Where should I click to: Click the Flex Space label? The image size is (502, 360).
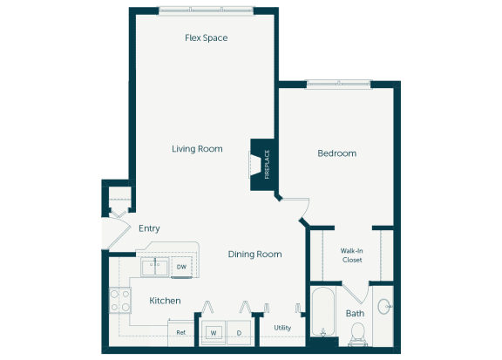(207, 37)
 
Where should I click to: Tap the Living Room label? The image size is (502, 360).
(197, 149)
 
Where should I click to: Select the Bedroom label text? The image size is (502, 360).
(336, 153)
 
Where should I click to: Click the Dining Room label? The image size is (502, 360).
(254, 255)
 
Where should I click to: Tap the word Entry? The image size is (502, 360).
(149, 228)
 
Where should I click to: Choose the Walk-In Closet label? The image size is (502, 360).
(351, 255)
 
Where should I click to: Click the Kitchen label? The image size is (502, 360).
(165, 301)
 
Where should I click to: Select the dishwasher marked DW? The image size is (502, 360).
(181, 267)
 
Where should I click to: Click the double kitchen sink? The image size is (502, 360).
(155, 268)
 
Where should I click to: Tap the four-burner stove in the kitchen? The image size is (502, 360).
(119, 302)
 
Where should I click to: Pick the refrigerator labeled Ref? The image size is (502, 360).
(181, 332)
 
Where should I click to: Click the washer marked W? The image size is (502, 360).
(212, 332)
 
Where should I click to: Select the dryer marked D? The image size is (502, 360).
(239, 332)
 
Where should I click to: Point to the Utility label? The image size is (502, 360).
(282, 328)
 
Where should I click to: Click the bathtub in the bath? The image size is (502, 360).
(322, 314)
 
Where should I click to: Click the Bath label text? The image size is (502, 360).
(355, 313)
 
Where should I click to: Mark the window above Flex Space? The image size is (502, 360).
(207, 10)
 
